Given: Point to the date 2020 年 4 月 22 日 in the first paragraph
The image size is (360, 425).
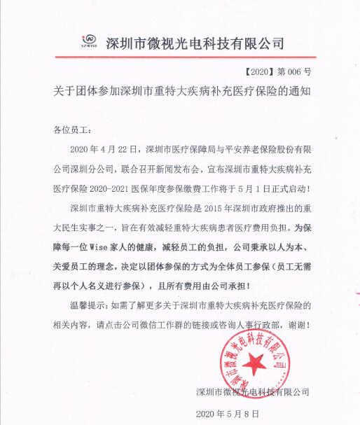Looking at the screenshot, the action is [106, 149].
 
